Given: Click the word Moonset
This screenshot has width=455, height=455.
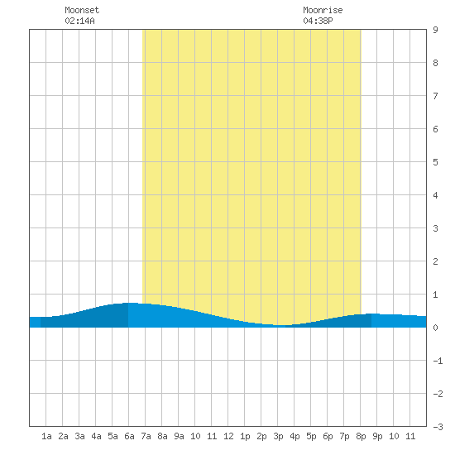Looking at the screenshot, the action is pos(82,10).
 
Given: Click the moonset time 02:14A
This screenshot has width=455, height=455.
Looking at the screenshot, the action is pos(79,21).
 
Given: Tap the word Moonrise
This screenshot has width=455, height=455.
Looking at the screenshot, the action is pos(323,10).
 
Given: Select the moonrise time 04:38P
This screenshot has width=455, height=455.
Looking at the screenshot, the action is pos(318,21).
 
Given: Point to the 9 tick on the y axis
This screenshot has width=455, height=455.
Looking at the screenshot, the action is pos(435,30).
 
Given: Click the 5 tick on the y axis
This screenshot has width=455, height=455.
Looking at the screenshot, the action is pos(435,162).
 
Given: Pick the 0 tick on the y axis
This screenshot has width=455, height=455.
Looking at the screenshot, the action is pos(435,328).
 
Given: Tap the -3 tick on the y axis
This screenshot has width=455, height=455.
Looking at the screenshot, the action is pos(438,427).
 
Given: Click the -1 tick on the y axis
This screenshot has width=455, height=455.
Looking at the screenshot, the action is pos(438,361).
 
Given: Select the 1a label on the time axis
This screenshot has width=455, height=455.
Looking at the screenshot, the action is pos(46,436).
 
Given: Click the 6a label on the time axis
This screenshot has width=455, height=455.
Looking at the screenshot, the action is pos(129,436).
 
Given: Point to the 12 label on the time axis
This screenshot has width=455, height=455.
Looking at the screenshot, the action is pos(228,436).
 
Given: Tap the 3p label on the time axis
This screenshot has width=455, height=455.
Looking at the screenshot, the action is pos(278,436).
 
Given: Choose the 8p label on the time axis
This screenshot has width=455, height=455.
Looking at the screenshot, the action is pos(361,436).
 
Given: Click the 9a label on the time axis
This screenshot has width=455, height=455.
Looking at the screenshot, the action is pos(179,436).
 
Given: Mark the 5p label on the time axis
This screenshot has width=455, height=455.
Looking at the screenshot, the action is pos(311,436).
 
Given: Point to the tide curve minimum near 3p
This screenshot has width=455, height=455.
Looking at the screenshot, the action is pos(281,326).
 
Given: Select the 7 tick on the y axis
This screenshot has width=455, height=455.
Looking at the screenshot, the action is pos(435,96).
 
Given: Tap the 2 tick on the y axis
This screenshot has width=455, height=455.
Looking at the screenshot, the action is pos(435,261).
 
